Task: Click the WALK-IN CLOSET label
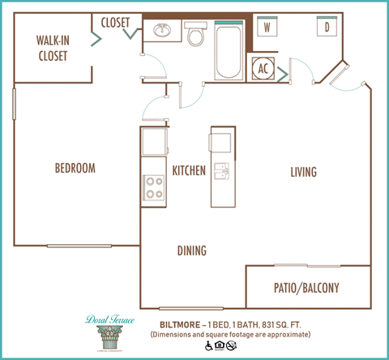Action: pos(51,49)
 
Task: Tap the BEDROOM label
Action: pos(75,169)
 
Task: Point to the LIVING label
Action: pos(304,172)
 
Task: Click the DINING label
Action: pos(191,251)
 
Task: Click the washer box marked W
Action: pos(266,28)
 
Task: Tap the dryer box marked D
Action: pos(326,28)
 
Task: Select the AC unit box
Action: pos(263,69)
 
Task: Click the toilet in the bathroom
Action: pos(194,35)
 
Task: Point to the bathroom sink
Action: pos(160,32)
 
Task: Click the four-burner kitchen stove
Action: pos(153,188)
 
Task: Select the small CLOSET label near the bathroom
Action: pos(115,22)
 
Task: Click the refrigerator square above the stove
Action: pos(153,143)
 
